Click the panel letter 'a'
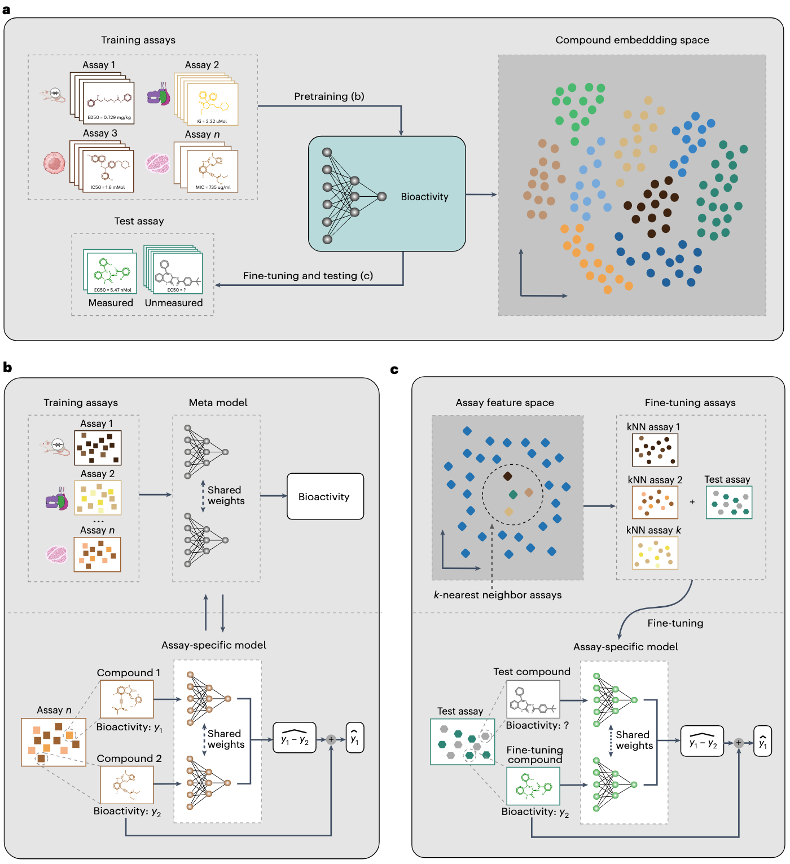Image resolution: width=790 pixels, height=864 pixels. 7,10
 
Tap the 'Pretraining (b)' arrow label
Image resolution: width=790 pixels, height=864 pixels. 329,96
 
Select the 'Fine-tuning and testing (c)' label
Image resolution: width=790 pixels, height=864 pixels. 308,276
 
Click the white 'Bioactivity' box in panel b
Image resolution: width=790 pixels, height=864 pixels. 325,496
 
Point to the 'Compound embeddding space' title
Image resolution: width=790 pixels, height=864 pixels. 632,40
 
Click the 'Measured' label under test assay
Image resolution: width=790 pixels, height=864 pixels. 111,303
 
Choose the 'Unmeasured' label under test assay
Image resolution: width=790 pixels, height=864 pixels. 174,303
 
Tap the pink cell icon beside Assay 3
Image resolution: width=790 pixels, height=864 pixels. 55,163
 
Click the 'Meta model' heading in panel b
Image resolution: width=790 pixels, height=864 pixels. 218,403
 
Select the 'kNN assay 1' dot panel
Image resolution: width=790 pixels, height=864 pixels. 655,449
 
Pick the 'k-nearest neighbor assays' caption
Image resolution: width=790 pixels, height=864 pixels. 498,595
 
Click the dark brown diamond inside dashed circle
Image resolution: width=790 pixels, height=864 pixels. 507,477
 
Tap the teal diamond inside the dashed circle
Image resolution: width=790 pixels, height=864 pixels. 513,495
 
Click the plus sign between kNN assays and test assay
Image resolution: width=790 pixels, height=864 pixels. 692,502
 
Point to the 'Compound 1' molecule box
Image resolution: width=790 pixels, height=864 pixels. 126,699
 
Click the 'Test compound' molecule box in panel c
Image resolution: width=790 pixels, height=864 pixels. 533,699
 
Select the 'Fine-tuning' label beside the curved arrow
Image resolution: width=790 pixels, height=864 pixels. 675,623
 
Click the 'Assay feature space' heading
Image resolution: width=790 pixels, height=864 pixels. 504,403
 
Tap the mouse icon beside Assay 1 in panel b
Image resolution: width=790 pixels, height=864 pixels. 55,447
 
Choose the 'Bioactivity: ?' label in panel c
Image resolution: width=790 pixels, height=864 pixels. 537,726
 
